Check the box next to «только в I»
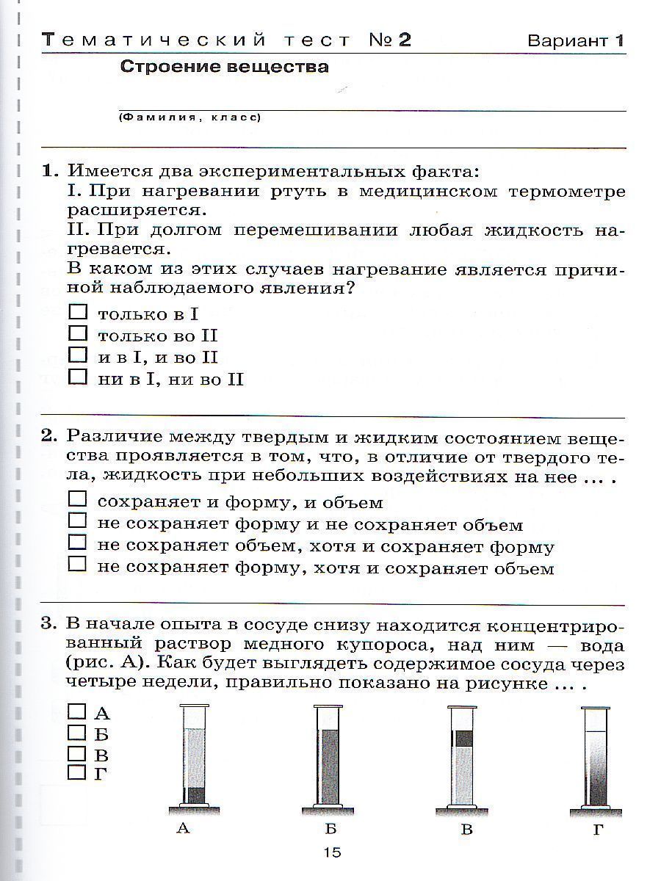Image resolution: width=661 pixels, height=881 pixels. tap(77, 312)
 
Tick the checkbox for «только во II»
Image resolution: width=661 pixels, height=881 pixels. tap(77, 334)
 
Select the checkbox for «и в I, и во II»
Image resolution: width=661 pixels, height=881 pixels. tap(77, 356)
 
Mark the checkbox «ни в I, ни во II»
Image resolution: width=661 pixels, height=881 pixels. tap(77, 377)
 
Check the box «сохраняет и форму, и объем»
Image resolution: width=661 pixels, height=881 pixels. tap(77, 500)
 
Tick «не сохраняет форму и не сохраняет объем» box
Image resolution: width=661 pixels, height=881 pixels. tap(77, 522)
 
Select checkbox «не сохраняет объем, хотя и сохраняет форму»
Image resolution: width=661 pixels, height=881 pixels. tap(77, 543)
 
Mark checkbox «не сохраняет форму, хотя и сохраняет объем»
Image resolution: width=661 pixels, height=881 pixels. tap(77, 565)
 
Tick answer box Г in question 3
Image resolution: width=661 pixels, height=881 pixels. tap(76, 772)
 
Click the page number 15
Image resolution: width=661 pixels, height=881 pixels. tap(332, 852)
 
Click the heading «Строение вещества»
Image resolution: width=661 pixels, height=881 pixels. tap(224, 68)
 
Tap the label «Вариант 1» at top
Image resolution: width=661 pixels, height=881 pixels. tap(576, 40)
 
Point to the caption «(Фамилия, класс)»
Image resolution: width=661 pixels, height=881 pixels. tap(189, 117)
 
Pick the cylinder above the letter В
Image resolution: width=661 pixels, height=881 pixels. tap(463, 756)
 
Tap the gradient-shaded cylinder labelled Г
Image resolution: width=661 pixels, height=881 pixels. tap(596, 756)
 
